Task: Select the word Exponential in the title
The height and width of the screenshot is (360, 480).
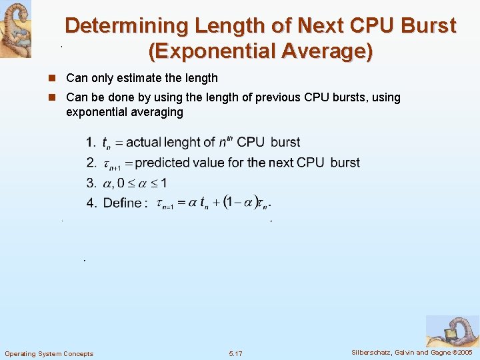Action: (210, 51)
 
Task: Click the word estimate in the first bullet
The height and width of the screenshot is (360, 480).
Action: (147, 79)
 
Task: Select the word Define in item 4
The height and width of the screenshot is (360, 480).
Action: (122, 203)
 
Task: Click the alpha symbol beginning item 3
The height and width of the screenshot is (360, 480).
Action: (107, 183)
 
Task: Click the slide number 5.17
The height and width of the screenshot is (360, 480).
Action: (235, 353)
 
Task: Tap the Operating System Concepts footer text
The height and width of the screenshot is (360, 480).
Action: (49, 353)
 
